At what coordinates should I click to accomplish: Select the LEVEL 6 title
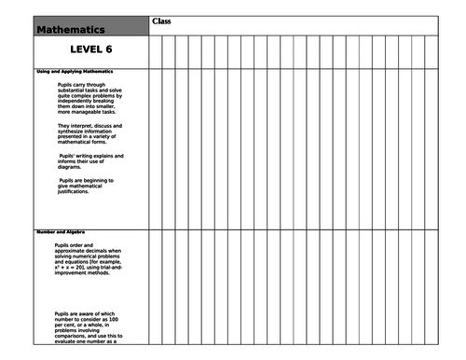pyautogui.click(x=97, y=50)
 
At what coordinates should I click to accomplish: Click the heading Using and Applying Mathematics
pyautogui.click(x=75, y=72)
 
